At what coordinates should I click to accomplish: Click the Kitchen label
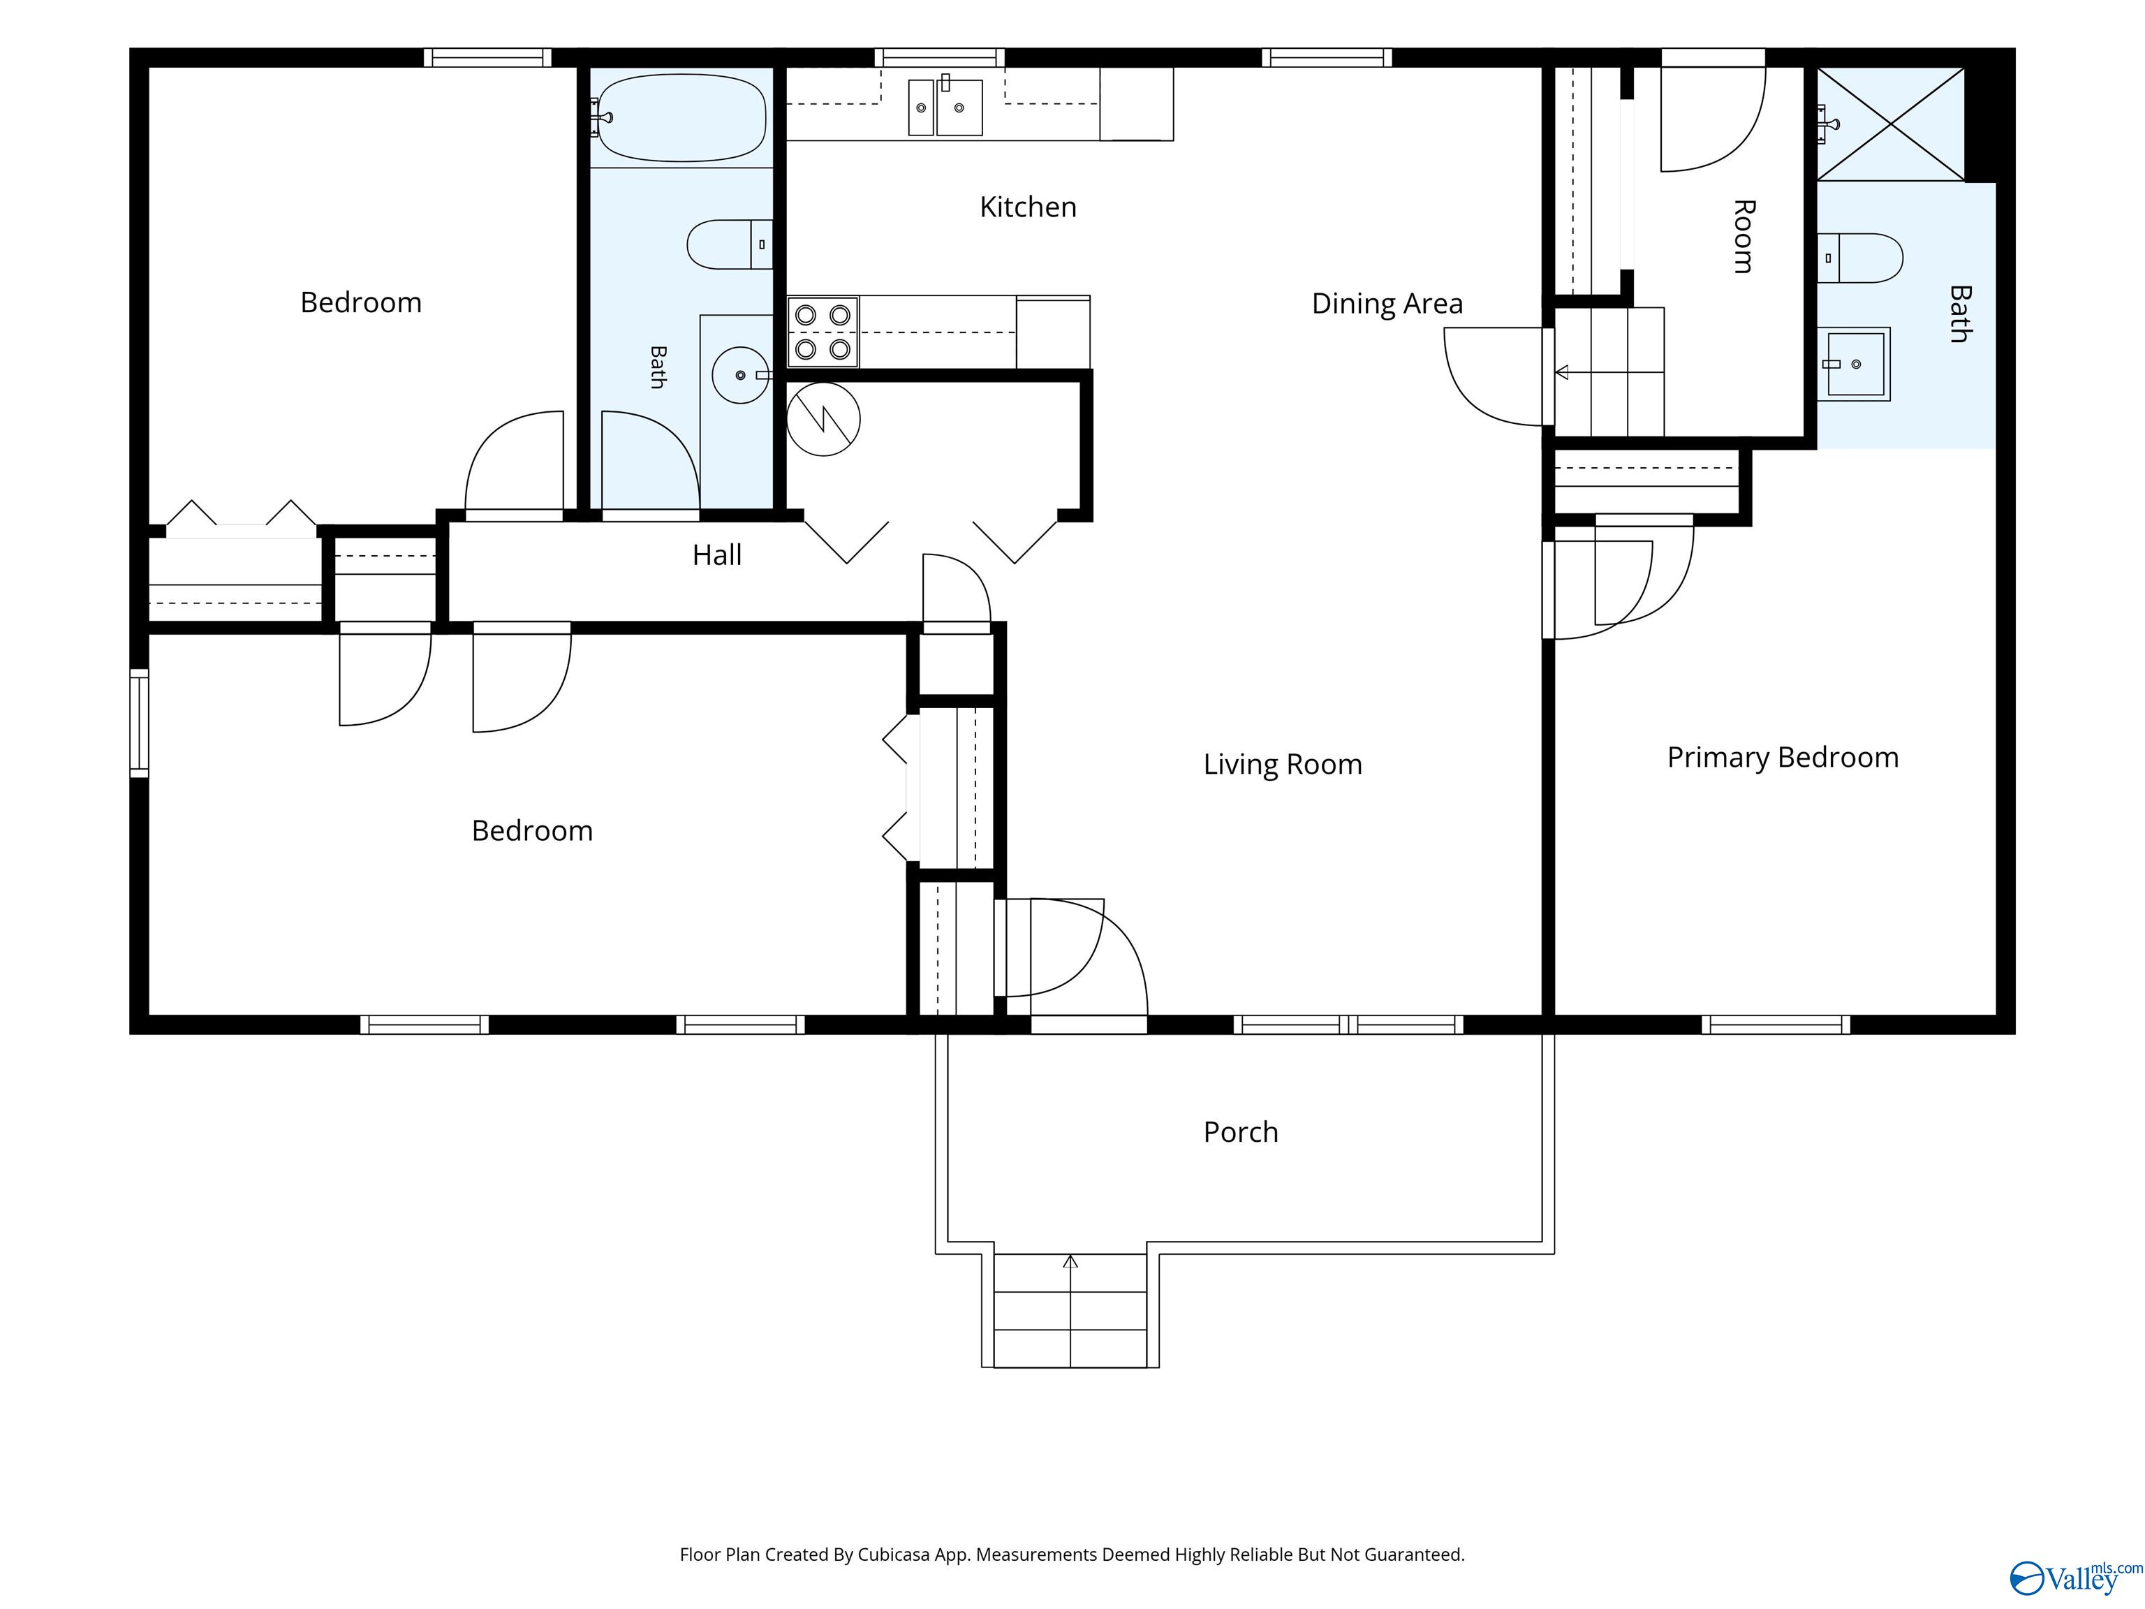pyautogui.click(x=1028, y=207)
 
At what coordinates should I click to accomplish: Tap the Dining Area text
pyautogui.click(x=1387, y=304)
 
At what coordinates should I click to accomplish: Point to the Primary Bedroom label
pyautogui.click(x=1783, y=758)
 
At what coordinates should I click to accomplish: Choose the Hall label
pyautogui.click(x=716, y=554)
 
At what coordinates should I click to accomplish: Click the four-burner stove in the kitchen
pyautogui.click(x=823, y=332)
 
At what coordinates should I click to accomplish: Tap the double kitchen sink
pyautogui.click(x=945, y=107)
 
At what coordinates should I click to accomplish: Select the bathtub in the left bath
pyautogui.click(x=681, y=117)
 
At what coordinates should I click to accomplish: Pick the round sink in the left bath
pyautogui.click(x=741, y=374)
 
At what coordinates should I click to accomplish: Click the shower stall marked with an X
pyautogui.click(x=1890, y=124)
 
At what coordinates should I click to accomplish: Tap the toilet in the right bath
pyautogui.click(x=1860, y=258)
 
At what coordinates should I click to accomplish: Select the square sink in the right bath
pyautogui.click(x=1854, y=365)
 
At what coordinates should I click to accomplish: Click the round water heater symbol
pyautogui.click(x=823, y=419)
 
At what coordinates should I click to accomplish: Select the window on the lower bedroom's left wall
pyautogui.click(x=140, y=723)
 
